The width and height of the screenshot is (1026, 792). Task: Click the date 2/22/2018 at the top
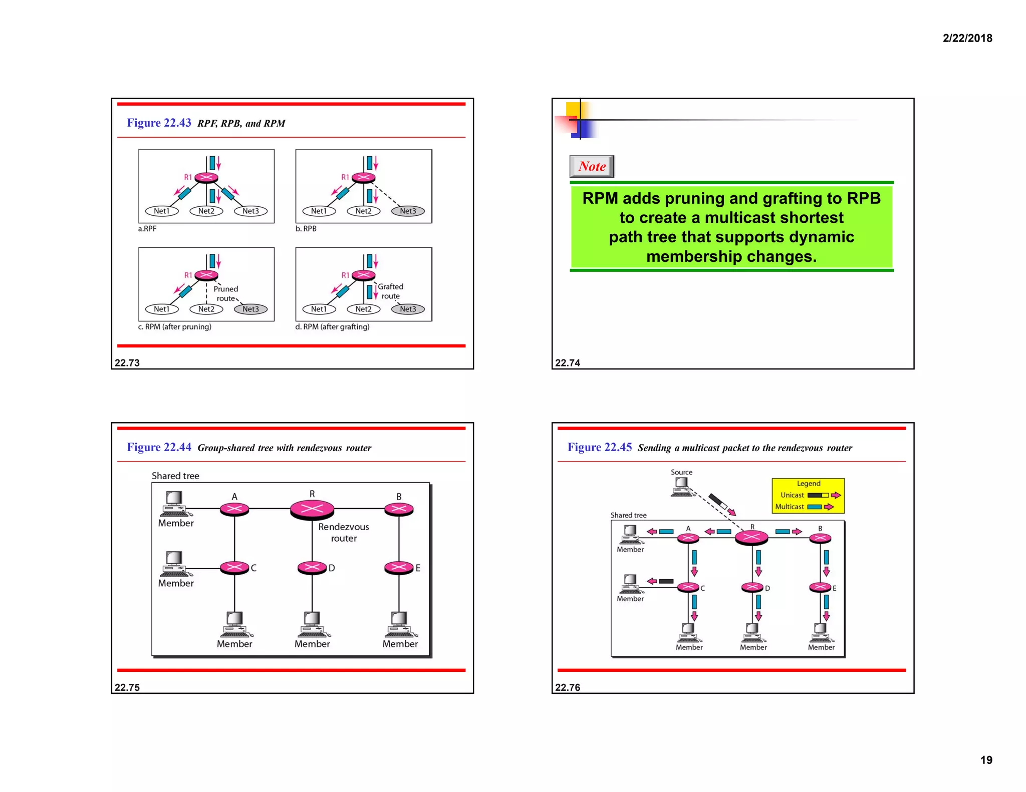point(967,38)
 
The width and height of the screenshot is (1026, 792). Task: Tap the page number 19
point(986,760)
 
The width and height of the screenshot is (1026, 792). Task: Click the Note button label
point(592,166)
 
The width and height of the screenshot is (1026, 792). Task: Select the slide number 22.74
point(567,363)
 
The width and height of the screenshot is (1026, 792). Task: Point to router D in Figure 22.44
point(312,567)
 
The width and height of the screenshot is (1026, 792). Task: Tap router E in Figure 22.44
point(399,567)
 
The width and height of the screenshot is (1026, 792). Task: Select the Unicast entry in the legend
point(792,495)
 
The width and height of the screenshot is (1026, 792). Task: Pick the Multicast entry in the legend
point(790,507)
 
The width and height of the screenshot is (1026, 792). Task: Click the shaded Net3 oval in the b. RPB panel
point(408,211)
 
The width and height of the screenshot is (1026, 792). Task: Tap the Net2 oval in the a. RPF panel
point(206,211)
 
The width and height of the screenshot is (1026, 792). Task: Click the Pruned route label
point(225,293)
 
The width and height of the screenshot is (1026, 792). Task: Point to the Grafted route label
point(390,291)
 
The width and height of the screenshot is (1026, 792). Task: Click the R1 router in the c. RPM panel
point(206,275)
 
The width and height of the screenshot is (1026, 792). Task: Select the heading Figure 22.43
point(159,123)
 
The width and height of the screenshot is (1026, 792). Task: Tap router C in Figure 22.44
point(234,567)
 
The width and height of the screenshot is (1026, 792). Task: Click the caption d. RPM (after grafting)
point(332,327)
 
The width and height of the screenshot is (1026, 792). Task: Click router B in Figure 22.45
point(820,539)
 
